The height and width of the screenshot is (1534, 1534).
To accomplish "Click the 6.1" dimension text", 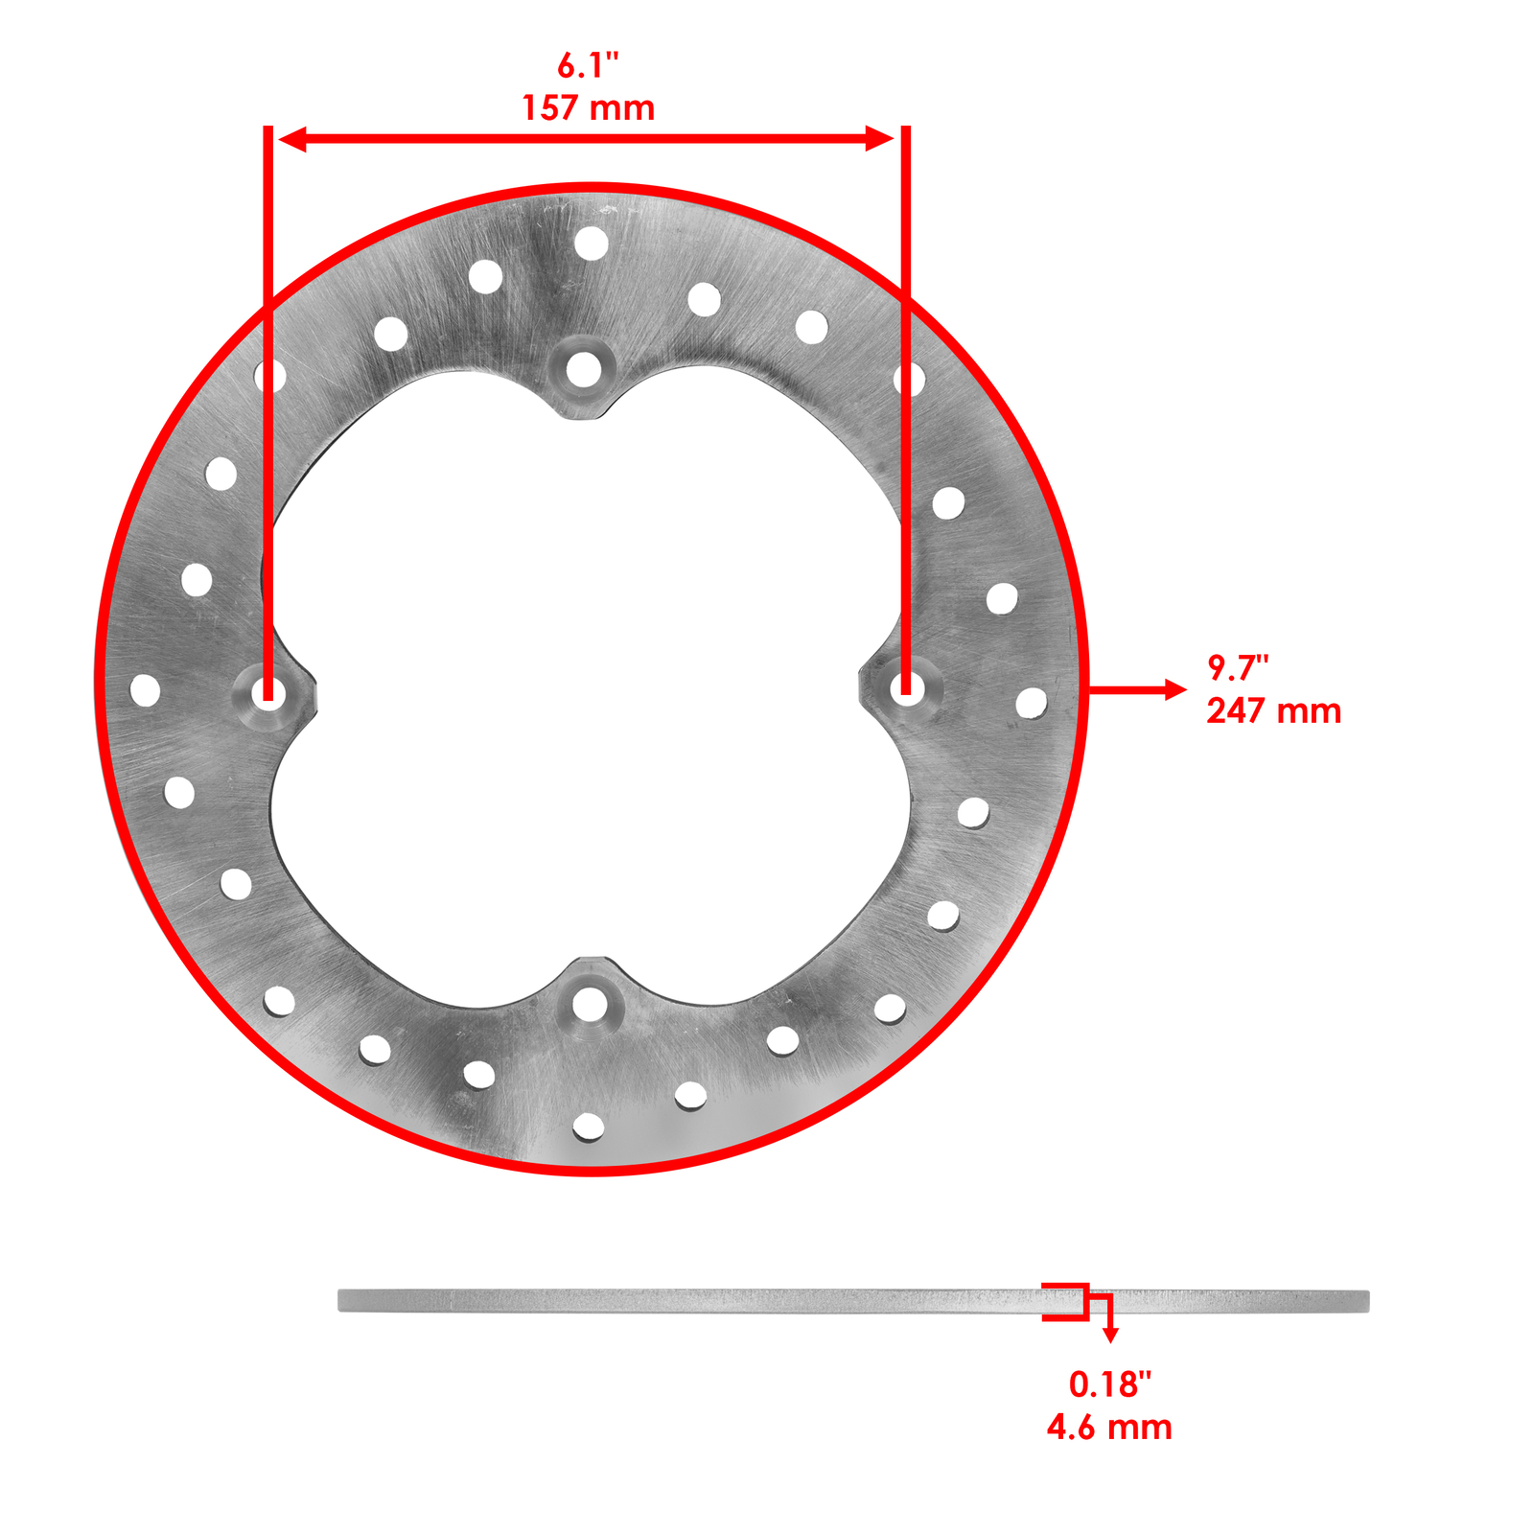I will pyautogui.click(x=588, y=65).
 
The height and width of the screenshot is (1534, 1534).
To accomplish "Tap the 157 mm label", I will pyautogui.click(x=588, y=107).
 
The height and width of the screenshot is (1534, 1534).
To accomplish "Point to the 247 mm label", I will pyautogui.click(x=1273, y=710).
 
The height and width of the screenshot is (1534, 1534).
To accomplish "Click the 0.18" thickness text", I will pyautogui.click(x=1109, y=1383).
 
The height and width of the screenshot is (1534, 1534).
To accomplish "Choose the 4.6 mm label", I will pyautogui.click(x=1109, y=1427).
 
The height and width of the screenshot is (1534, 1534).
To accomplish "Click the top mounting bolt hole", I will pyautogui.click(x=583, y=369).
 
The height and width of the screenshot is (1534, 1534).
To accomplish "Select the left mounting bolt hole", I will pyautogui.click(x=268, y=691).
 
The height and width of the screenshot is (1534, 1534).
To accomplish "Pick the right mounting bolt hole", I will pyautogui.click(x=906, y=686).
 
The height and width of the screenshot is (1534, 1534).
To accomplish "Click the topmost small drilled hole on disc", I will pyautogui.click(x=592, y=244).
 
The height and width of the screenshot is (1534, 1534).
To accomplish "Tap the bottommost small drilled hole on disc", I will pyautogui.click(x=589, y=1127).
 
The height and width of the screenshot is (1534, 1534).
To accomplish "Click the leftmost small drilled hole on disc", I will pyautogui.click(x=145, y=690).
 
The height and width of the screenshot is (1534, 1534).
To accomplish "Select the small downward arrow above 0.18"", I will pyautogui.click(x=1110, y=1335).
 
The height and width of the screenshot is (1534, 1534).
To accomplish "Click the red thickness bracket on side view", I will pyautogui.click(x=1066, y=1301).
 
